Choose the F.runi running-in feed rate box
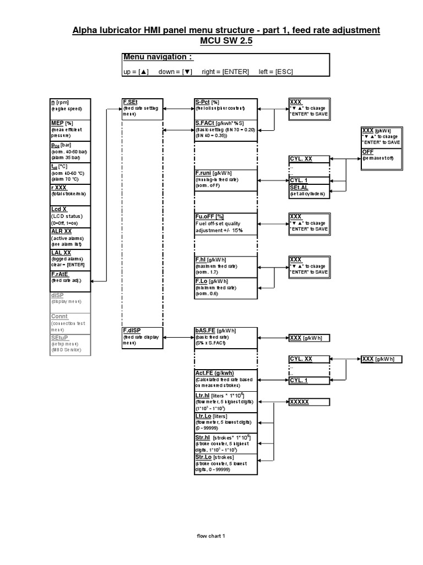pos(225,179)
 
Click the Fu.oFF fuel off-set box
pos(225,223)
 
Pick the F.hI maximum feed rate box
pos(225,266)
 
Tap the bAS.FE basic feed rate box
pos(225,337)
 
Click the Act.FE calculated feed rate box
pos(225,380)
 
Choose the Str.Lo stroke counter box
pos(225,464)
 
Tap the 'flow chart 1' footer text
pos(211,536)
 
